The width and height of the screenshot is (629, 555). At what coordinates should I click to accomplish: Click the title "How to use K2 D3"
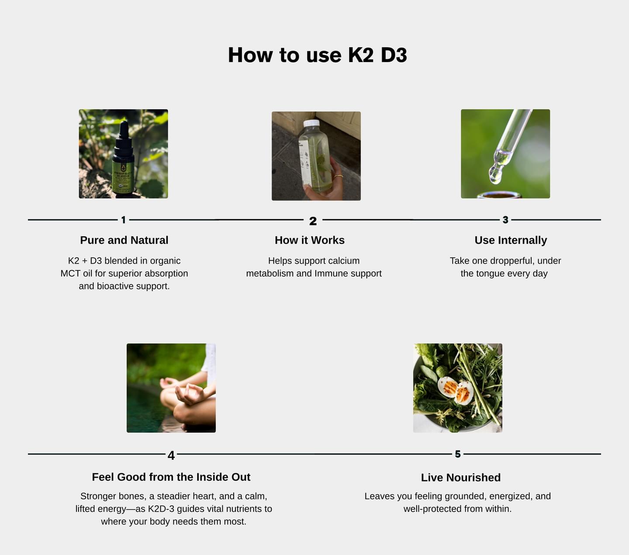317,55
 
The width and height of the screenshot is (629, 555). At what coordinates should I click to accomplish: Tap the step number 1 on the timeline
124,220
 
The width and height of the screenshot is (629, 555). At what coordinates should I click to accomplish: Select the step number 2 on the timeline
313,221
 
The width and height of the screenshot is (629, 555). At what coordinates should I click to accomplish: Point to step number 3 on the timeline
505,220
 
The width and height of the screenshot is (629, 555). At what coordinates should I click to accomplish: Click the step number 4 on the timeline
171,455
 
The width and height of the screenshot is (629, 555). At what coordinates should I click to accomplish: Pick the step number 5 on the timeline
458,454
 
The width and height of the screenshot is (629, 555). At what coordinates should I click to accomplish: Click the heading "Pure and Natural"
124,240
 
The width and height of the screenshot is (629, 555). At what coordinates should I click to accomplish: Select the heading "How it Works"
310,240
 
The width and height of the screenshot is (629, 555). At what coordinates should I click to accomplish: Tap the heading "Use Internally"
511,240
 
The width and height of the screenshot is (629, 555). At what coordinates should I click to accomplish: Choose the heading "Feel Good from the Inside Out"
171,477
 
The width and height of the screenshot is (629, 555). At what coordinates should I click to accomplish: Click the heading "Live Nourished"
461,478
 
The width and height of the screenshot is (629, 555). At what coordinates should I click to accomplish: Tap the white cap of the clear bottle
311,123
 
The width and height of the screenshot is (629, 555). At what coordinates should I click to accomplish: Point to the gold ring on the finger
339,176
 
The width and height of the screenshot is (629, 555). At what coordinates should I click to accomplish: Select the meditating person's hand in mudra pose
189,393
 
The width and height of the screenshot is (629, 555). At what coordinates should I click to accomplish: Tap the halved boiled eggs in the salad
456,390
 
